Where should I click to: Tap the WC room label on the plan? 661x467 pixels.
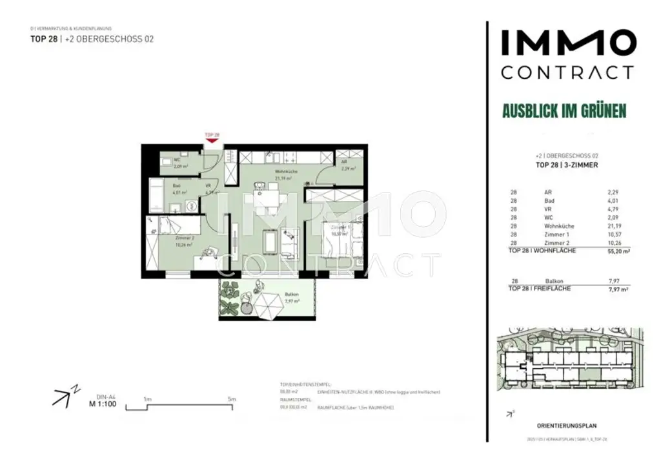pyautogui.click(x=176, y=159)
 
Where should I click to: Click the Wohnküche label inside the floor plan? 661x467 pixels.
pyautogui.click(x=285, y=172)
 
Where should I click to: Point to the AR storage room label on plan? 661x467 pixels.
pyautogui.click(x=345, y=163)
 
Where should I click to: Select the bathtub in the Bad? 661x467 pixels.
pyautogui.click(x=157, y=192)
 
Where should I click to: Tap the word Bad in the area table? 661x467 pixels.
pyautogui.click(x=549, y=200)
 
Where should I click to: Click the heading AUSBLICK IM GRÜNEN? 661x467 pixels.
pyautogui.click(x=564, y=111)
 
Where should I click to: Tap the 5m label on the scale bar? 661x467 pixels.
pyautogui.click(x=231, y=399)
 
